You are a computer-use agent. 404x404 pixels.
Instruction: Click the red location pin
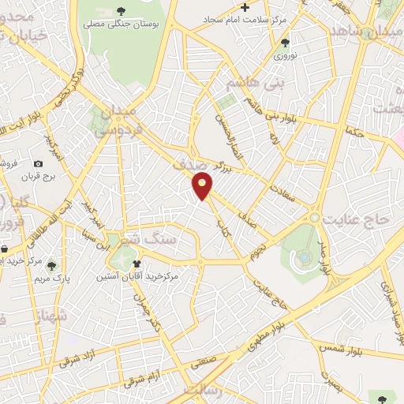[x=203, y=186]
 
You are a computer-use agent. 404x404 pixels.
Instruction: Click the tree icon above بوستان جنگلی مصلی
[x=121, y=10]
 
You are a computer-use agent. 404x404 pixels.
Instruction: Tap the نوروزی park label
[x=284, y=56]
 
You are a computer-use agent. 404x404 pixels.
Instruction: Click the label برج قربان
[x=36, y=176]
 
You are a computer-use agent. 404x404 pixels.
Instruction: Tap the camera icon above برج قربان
[x=38, y=163]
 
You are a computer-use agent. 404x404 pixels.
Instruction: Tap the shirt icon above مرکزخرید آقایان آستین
[x=137, y=264]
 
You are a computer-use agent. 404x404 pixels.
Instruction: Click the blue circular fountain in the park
[x=304, y=256]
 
